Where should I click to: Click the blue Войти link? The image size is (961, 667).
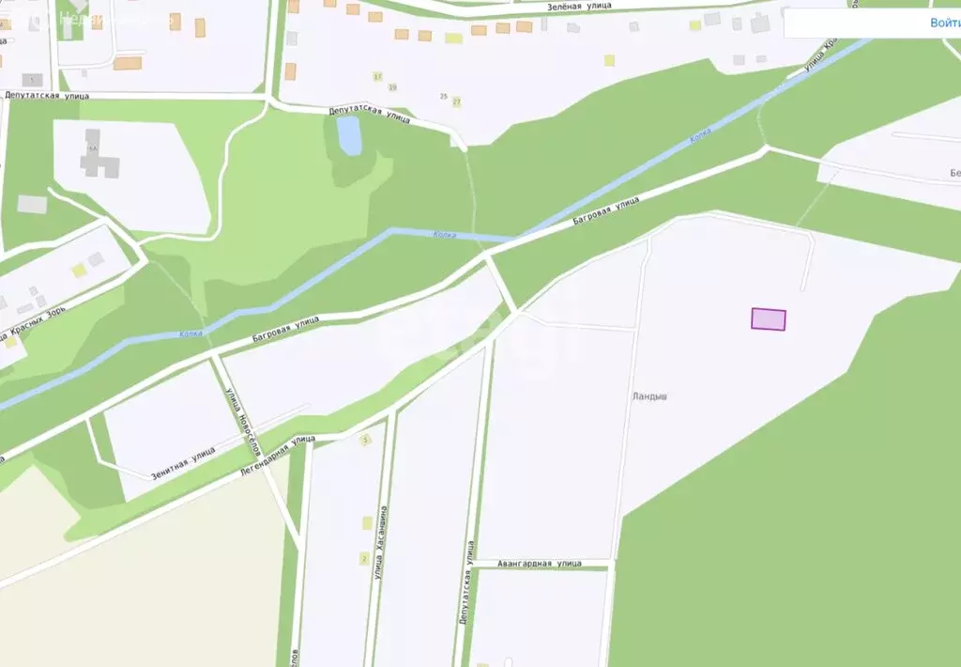click(944, 23)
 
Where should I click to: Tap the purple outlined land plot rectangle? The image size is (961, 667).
click(768, 319)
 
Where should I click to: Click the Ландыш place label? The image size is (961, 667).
click(649, 396)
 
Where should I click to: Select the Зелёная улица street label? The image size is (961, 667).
click(579, 7)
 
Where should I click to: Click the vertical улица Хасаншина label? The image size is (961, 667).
click(382, 542)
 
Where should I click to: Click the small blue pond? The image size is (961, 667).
click(349, 136)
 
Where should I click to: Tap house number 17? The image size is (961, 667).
click(378, 75)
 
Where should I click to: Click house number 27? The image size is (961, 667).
click(457, 101)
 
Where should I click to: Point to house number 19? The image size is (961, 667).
click(392, 87)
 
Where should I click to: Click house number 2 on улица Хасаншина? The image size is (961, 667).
click(364, 559)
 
